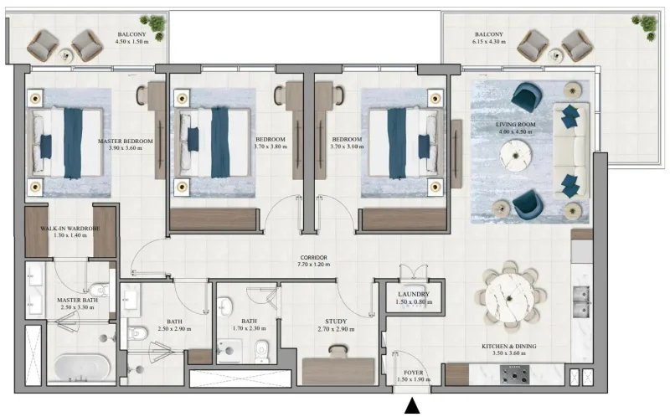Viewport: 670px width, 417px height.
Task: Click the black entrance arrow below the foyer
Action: [x=412, y=407]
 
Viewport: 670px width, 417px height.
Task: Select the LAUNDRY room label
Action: [x=414, y=295]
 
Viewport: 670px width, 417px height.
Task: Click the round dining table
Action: [x=511, y=295]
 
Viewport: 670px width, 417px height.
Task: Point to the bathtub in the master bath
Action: [x=82, y=368]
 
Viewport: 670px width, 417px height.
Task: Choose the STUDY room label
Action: [x=336, y=321]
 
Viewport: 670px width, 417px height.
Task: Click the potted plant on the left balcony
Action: [x=152, y=26]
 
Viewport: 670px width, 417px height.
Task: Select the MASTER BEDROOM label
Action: [x=126, y=142]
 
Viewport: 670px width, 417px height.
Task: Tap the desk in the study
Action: [x=339, y=368]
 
